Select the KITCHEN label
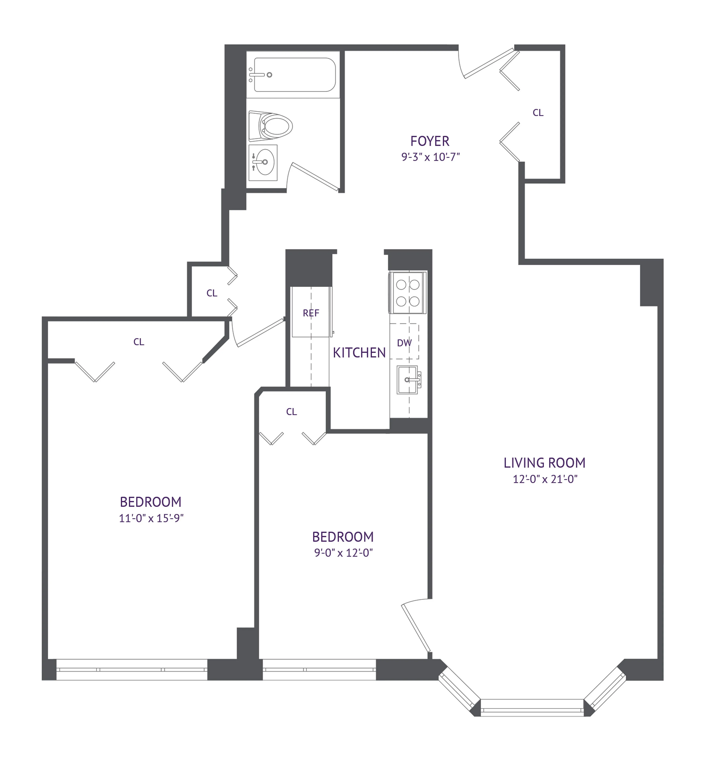(x=359, y=353)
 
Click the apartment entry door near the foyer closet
(x=488, y=63)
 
